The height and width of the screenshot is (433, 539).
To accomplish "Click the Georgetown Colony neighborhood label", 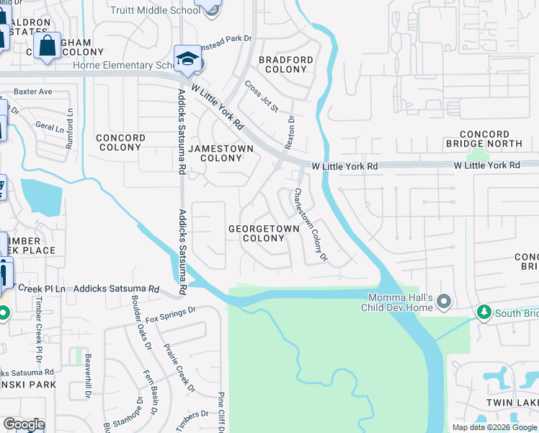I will (x=264, y=233).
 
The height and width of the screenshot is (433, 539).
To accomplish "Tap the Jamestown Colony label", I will (x=220, y=153).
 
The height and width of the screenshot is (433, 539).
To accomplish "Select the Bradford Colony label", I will (x=286, y=64).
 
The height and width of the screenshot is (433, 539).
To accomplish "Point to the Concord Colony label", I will (x=120, y=142).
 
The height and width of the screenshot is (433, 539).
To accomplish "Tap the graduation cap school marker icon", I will (x=187, y=58).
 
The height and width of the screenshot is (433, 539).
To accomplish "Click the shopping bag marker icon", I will (x=48, y=46).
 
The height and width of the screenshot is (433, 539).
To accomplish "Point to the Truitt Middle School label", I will (x=155, y=10).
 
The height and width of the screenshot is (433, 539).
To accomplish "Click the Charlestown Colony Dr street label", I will (x=311, y=224).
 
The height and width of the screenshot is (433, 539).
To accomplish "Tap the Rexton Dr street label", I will (x=290, y=133).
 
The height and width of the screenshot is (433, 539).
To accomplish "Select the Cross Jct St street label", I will (x=261, y=97).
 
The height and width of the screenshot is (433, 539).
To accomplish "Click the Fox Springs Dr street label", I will (x=170, y=314).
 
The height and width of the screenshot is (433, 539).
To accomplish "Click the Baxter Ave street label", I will (x=33, y=92).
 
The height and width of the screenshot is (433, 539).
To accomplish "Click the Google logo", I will (x=24, y=424).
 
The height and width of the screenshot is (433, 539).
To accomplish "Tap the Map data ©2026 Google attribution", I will (x=494, y=427).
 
